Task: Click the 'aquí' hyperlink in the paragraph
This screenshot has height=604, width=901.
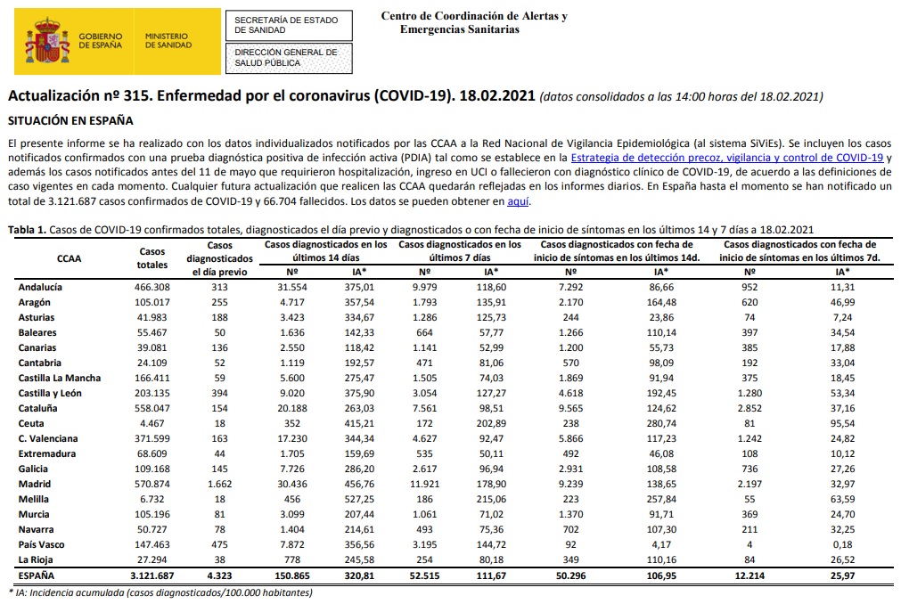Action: point(518,202)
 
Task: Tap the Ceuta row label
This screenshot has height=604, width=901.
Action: point(32,423)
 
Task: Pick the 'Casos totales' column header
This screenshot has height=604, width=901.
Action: point(152,258)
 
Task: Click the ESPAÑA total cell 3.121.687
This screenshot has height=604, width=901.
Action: point(152,575)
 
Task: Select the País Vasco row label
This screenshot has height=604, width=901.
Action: point(43,544)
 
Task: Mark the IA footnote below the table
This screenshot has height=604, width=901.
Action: point(160,592)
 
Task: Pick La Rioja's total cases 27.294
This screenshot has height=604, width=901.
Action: point(152,559)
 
